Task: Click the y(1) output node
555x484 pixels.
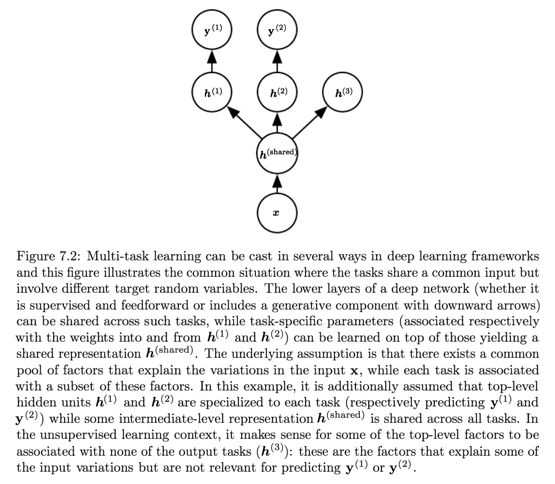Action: click(x=212, y=29)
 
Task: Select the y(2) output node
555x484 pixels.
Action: click(x=277, y=29)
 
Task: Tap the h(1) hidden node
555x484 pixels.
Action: click(x=212, y=92)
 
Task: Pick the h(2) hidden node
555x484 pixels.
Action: click(x=277, y=92)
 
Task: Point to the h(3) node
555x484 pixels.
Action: click(x=342, y=92)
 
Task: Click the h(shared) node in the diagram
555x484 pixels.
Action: click(x=277, y=153)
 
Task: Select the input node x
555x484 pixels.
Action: click(x=277, y=213)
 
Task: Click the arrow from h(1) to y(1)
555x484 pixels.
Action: click(x=212, y=61)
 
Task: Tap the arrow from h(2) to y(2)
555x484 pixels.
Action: click(x=277, y=61)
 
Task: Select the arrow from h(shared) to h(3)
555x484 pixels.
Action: click(x=309, y=122)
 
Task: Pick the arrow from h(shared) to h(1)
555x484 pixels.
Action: click(x=245, y=122)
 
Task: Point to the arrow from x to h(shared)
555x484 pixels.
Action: click(x=277, y=184)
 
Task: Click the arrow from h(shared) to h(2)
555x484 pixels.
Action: click(x=277, y=123)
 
